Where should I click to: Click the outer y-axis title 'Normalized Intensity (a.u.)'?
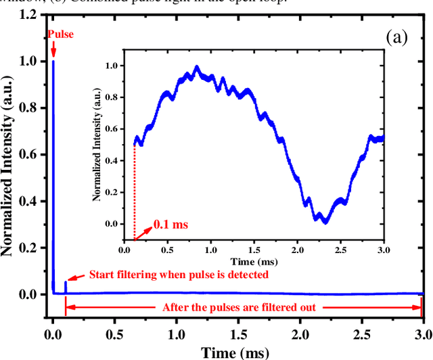click(x=9, y=154)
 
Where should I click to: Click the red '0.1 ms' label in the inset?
click(x=170, y=223)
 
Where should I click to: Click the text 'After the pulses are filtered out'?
click(x=244, y=307)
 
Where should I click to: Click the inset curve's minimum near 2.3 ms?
click(x=325, y=221)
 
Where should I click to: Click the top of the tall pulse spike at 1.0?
click(x=53, y=62)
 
